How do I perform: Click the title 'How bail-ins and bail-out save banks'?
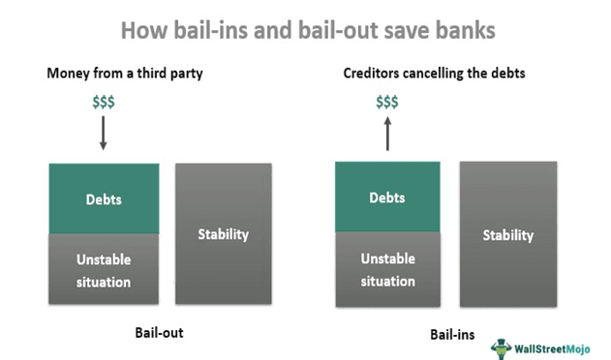307,30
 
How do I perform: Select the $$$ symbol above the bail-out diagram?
103,102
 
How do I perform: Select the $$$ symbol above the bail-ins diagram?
387,102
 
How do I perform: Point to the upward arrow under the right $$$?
387,134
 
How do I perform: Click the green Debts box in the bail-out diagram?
104,198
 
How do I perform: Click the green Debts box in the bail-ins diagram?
387,197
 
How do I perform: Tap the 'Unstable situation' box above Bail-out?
104,270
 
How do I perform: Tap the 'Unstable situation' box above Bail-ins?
387,270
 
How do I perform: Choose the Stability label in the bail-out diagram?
224,233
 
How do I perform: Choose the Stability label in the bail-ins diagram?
508,235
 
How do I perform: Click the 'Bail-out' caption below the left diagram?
159,332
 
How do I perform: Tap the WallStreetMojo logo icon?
502,347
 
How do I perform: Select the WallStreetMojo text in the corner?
556,347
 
